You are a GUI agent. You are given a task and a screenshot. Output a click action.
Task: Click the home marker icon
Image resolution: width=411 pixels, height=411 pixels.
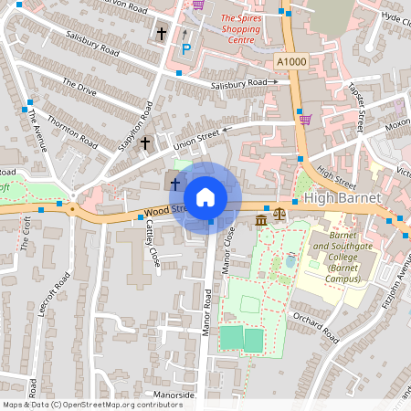[x=205, y=196]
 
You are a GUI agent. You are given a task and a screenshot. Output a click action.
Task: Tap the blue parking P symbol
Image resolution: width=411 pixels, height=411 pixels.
[x=185, y=49]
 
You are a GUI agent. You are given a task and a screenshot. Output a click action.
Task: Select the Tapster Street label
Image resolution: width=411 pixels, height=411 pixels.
[x=355, y=105]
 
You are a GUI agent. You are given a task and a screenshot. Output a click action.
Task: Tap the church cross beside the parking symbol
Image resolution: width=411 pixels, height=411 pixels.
[x=162, y=35]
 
